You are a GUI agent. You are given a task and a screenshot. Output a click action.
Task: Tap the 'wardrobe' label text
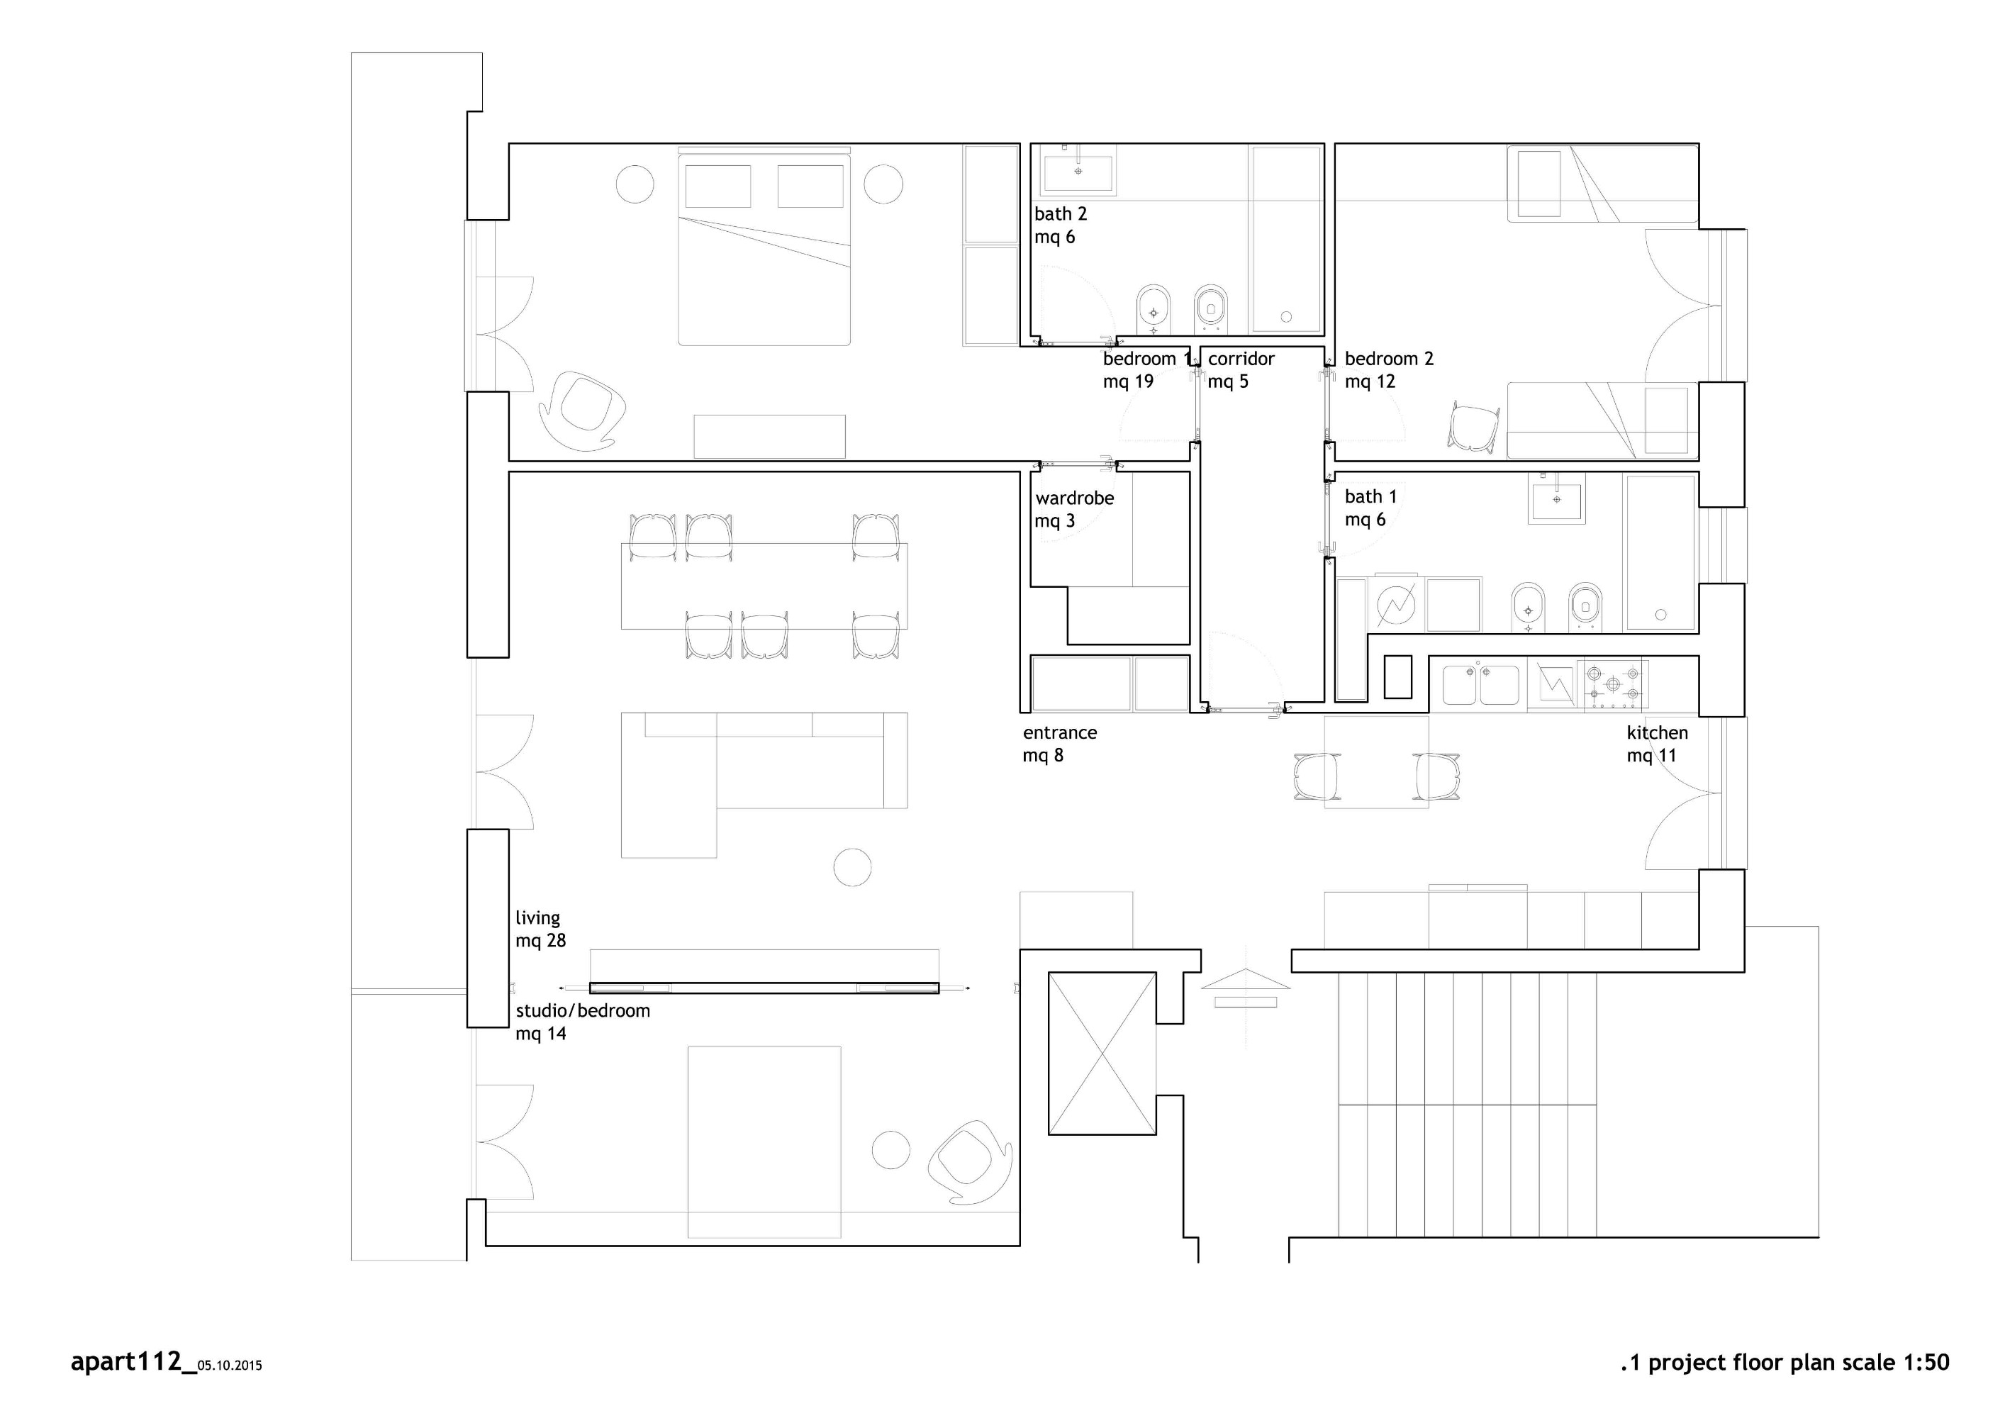(x=1075, y=498)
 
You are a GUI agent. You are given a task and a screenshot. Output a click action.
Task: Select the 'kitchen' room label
(x=1658, y=733)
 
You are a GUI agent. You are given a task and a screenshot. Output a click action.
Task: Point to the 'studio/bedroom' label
(x=583, y=1011)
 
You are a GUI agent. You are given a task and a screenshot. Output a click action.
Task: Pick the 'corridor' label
(x=1241, y=359)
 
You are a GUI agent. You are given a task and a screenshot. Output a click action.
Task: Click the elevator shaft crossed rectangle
(x=1102, y=1053)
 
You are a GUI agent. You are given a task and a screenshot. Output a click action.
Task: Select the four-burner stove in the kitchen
(x=1614, y=683)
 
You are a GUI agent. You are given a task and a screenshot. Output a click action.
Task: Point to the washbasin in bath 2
(x=1078, y=170)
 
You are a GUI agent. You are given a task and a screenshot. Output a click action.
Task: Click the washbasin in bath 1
(x=1556, y=498)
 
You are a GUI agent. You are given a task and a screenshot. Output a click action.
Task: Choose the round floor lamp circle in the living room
(x=852, y=867)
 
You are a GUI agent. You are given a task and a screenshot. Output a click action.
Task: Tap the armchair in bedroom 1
(x=583, y=411)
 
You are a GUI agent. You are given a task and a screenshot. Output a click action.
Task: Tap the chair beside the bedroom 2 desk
(x=1474, y=426)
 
